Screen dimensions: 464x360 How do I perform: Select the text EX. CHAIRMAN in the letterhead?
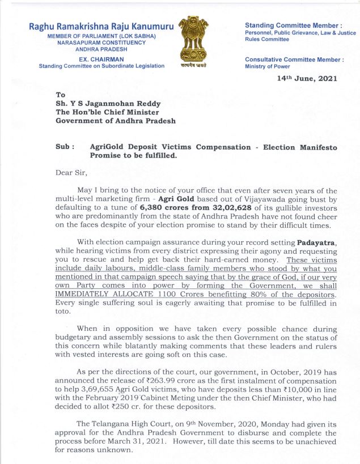pyautogui.click(x=101, y=59)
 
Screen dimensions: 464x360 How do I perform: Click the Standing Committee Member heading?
pyautogui.click(x=293, y=26)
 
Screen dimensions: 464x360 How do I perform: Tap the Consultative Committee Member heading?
pyautogui.click(x=294, y=59)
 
